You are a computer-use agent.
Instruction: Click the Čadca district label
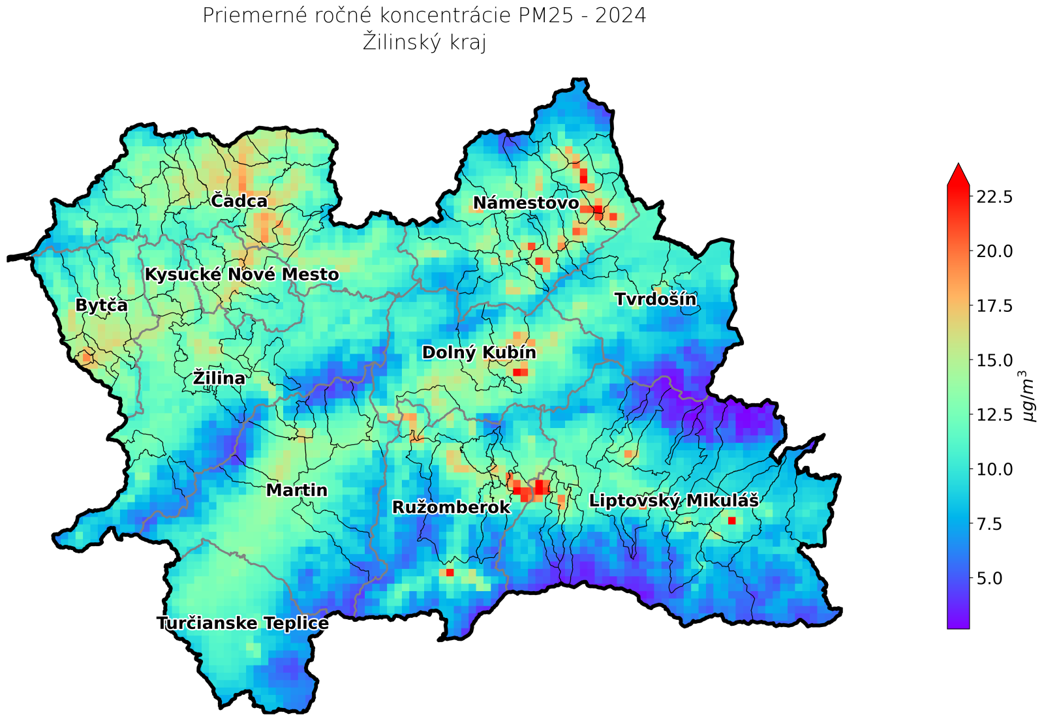click(239, 201)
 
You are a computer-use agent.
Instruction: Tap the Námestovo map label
click(526, 203)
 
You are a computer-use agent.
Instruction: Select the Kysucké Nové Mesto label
click(241, 275)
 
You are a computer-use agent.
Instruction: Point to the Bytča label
click(102, 305)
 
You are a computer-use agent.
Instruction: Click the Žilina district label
click(219, 378)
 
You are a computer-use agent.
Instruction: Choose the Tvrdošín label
click(655, 299)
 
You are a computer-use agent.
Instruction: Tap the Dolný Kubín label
click(479, 353)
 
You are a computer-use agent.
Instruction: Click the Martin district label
click(297, 490)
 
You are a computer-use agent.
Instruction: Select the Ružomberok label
click(451, 507)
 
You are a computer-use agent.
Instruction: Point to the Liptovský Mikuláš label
click(673, 501)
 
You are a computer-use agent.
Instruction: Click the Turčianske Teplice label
click(243, 624)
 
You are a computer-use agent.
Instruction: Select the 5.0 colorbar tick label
click(999, 578)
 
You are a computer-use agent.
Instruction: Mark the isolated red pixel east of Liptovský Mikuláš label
click(731, 520)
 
